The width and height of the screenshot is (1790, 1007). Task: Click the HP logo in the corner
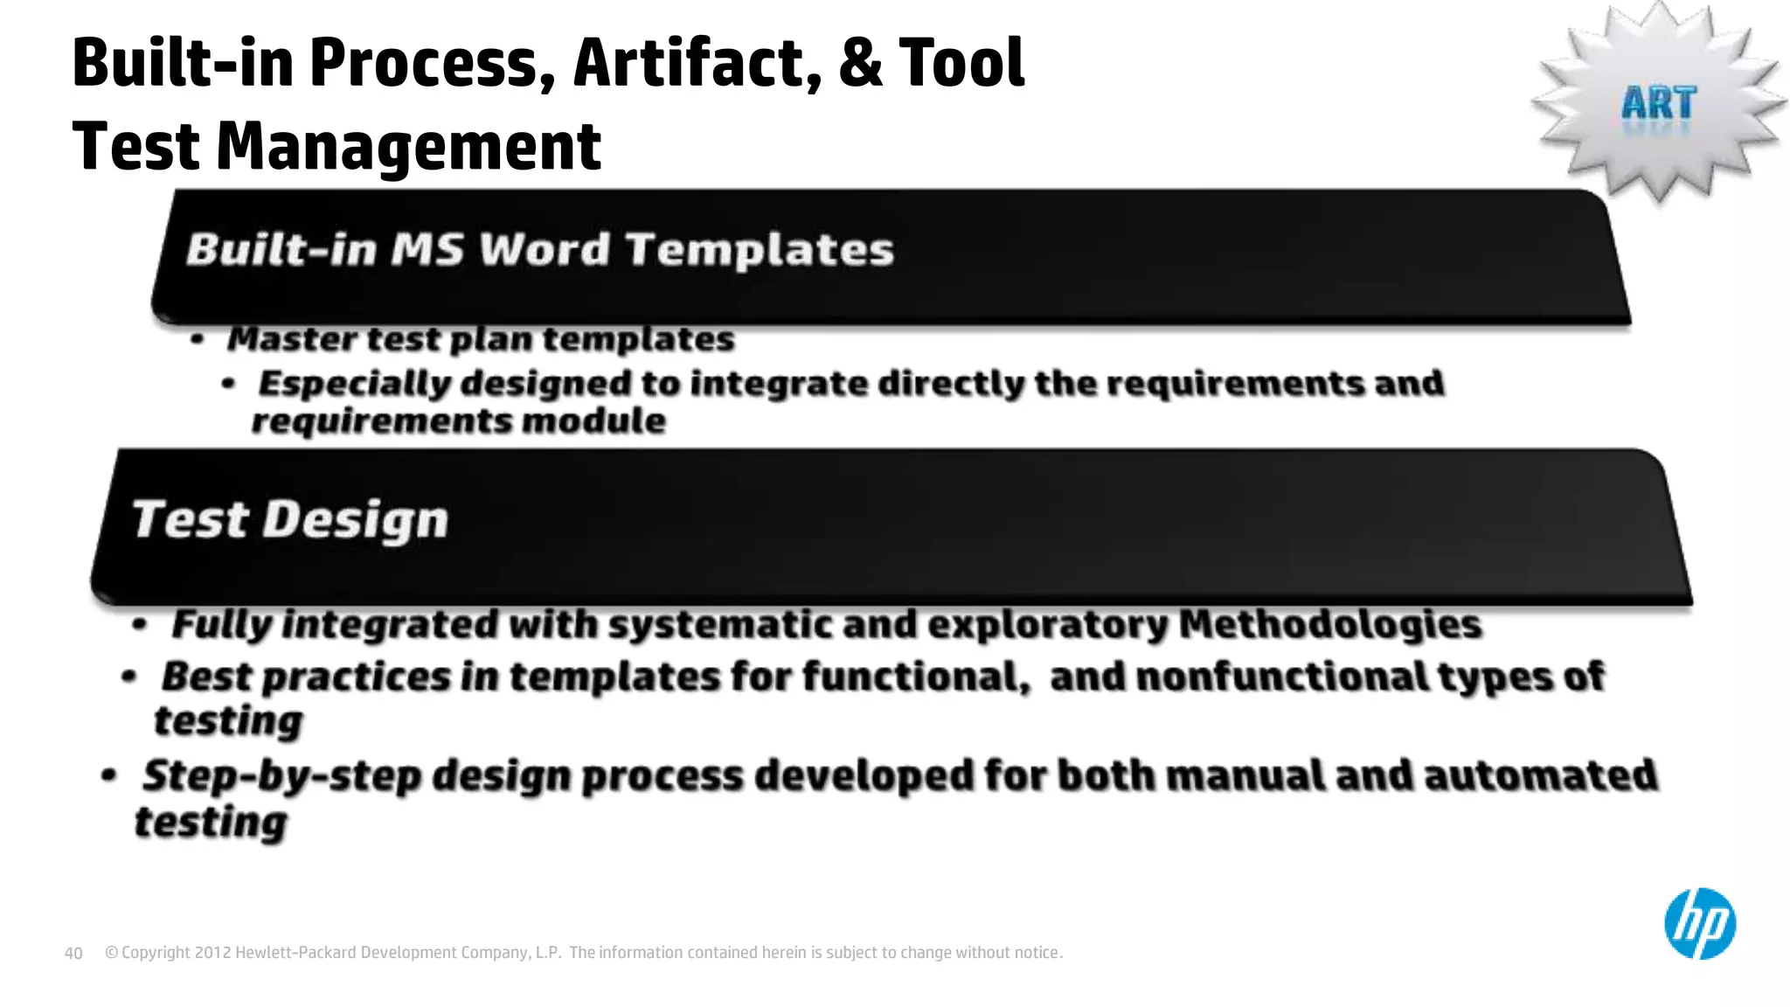tap(1699, 924)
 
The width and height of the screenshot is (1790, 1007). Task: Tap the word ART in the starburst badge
tap(1658, 104)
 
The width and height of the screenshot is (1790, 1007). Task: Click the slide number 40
tap(73, 953)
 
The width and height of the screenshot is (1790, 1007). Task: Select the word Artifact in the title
tap(697, 63)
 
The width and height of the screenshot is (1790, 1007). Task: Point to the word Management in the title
tap(408, 146)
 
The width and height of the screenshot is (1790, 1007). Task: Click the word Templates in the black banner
tap(759, 249)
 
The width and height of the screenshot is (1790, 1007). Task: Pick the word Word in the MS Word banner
tap(545, 249)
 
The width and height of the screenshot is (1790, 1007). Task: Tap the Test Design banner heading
tap(289, 519)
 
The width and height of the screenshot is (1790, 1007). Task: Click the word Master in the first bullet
tap(291, 339)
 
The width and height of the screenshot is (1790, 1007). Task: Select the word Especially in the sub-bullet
tap(356, 384)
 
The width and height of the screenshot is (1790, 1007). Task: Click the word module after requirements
tap(593, 421)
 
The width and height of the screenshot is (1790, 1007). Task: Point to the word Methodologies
tap(1329, 624)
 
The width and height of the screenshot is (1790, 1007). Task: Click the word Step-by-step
tap(282, 775)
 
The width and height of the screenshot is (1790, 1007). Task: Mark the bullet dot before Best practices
tap(129, 677)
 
